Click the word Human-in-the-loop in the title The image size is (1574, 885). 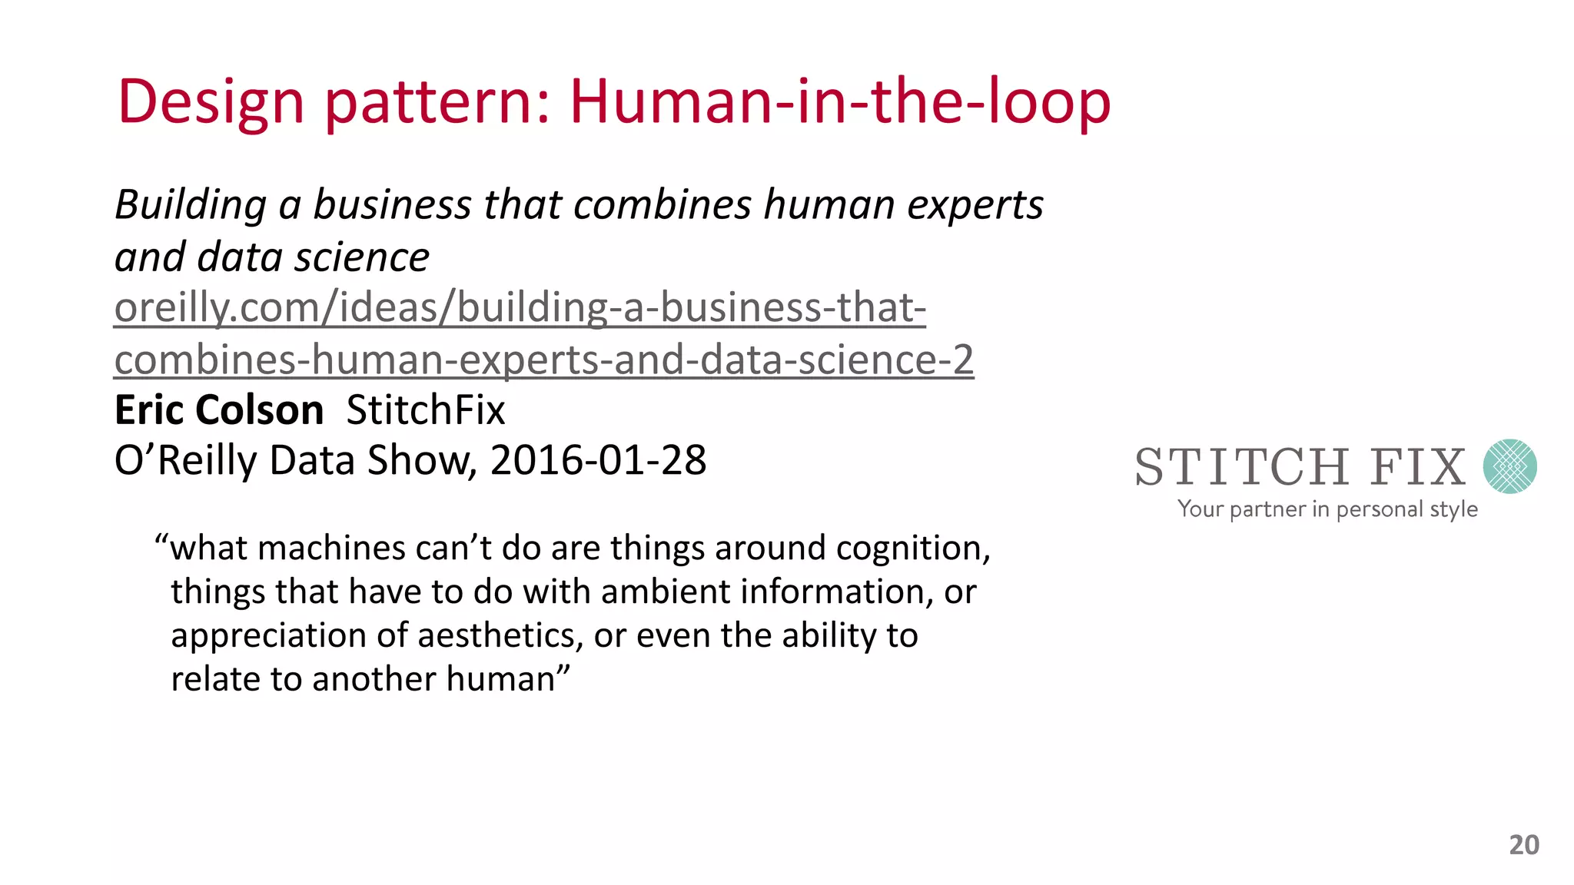[x=840, y=101]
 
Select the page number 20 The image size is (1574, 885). [x=1524, y=845]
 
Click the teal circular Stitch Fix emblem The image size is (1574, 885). [x=1509, y=466]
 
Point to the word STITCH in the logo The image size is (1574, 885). [x=1242, y=467]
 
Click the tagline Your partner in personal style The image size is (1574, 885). [x=1327, y=509]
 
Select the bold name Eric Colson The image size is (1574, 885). [x=219, y=409]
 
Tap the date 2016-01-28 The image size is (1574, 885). [x=598, y=460]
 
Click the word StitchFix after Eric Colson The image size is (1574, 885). [x=426, y=409]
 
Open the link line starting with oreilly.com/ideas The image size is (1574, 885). [x=520, y=307]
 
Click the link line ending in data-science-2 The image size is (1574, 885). [x=544, y=360]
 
